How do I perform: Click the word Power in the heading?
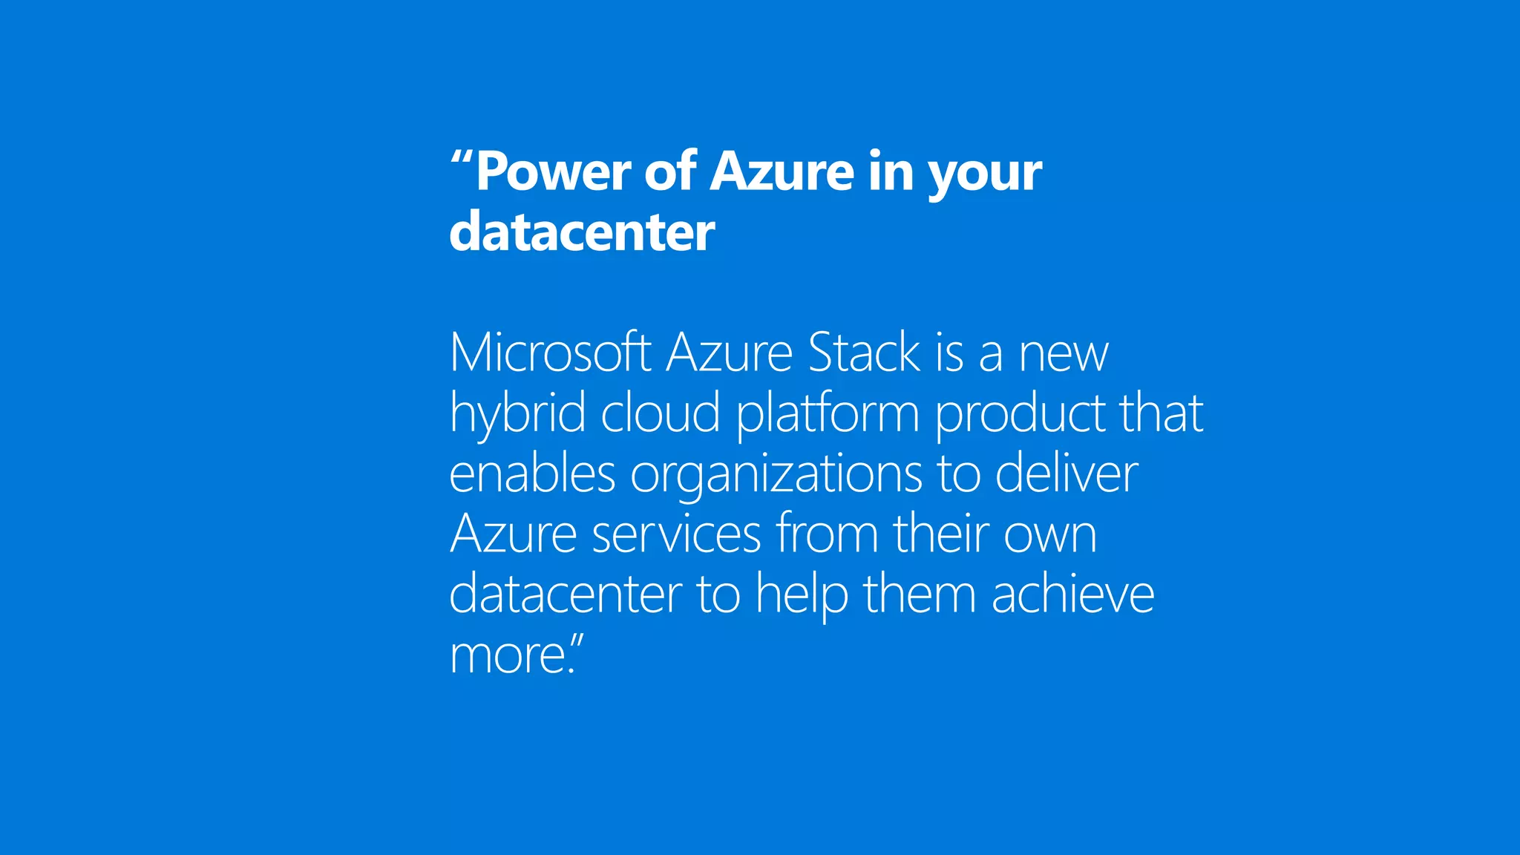point(554,172)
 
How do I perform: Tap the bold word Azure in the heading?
point(782,172)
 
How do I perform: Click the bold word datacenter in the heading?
point(582,232)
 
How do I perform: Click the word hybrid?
point(517,413)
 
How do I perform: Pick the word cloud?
point(660,413)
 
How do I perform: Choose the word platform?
point(828,414)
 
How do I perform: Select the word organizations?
point(776,475)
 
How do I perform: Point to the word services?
point(676,534)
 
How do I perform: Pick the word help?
point(802,595)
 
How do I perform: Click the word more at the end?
point(508,655)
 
